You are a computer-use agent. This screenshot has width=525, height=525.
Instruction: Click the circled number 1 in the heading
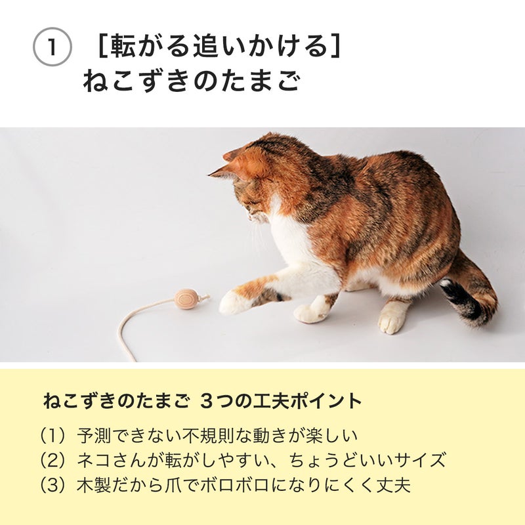tap(52, 47)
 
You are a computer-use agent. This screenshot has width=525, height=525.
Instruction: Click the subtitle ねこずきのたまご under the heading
tap(192, 81)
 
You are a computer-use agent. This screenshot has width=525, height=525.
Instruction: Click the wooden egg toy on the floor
tap(186, 299)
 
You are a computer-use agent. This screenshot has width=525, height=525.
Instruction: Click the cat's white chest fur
tap(289, 234)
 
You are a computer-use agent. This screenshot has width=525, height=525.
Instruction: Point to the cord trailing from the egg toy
tap(144, 318)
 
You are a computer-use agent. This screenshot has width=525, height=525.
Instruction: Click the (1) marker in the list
tap(52, 436)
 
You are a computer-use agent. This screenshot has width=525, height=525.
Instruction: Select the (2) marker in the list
tap(52, 460)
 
